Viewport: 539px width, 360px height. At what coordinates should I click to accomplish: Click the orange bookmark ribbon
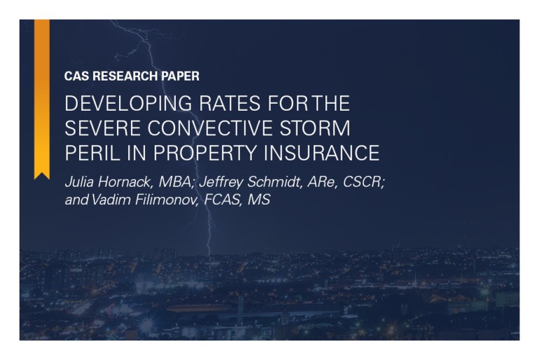(42, 98)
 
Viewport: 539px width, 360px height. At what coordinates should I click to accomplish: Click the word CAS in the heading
(76, 76)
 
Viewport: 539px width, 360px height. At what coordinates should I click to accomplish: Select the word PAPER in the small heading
(179, 76)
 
